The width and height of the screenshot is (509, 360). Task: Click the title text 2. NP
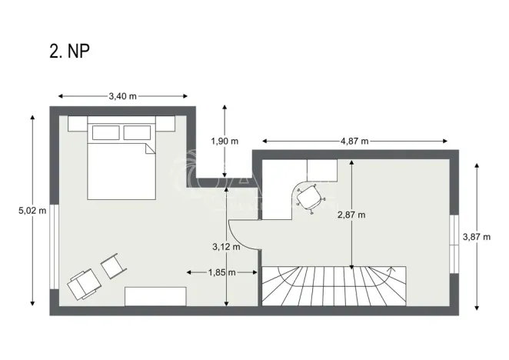coord(69,52)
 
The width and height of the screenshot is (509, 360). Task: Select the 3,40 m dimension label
coord(122,96)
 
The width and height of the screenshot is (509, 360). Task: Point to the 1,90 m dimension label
coord(225,141)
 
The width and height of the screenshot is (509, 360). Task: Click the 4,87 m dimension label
coord(354,141)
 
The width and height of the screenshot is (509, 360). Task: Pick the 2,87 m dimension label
coord(351,215)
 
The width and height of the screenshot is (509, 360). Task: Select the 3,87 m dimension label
coord(475,237)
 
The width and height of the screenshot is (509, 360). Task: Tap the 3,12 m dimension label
coord(225,247)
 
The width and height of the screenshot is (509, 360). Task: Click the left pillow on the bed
coord(105,133)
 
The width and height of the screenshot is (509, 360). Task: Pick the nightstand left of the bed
coord(77,123)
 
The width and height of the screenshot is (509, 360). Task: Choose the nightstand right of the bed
coord(166,123)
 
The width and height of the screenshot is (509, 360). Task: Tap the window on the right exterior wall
coord(454,242)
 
